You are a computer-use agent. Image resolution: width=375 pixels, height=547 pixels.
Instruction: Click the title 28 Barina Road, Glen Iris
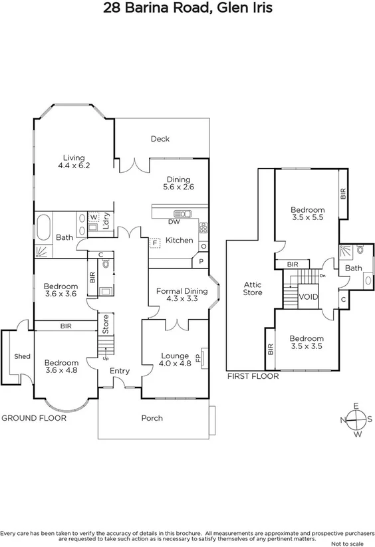pyautogui.click(x=187, y=8)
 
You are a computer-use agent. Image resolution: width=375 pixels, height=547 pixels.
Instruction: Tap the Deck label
pyautogui.click(x=160, y=139)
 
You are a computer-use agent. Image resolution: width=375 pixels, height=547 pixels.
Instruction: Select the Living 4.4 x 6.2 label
pyautogui.click(x=73, y=161)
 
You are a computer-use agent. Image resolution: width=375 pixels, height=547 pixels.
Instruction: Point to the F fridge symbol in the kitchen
pyautogui.click(x=155, y=243)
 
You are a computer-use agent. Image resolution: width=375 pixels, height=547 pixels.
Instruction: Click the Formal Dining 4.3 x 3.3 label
pyautogui.click(x=182, y=295)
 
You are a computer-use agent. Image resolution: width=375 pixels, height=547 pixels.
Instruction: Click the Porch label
pyautogui.click(x=152, y=418)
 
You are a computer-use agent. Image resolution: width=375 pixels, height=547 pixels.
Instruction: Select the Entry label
pyautogui.click(x=120, y=371)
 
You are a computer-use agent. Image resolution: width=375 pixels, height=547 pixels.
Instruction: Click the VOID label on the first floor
pyautogui.click(x=309, y=296)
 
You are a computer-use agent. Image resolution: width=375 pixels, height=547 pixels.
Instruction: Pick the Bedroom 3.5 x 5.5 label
pyautogui.click(x=308, y=213)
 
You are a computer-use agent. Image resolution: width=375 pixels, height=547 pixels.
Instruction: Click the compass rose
pyautogui.click(x=356, y=420)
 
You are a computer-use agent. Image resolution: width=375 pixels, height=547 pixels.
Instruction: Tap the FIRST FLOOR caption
pyautogui.click(x=253, y=376)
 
